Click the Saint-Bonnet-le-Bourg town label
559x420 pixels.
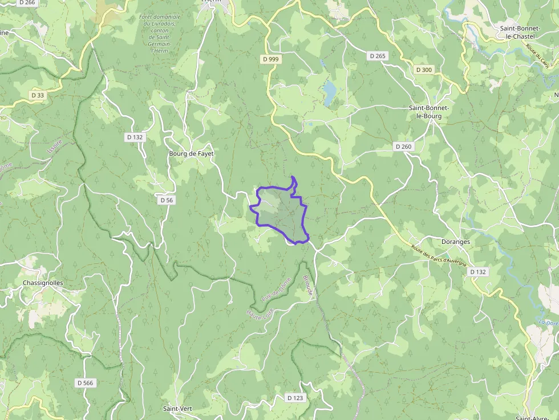[429, 112]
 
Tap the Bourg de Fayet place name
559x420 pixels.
[191, 154]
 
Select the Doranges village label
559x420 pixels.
[456, 242]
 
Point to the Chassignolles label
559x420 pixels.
[43, 283]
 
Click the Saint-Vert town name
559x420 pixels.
[177, 409]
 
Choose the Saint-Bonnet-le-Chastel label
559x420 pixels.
[522, 32]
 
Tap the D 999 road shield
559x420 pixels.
[272, 59]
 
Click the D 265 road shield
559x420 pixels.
[378, 56]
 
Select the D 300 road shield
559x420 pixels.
[424, 70]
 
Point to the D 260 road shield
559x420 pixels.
[403, 146]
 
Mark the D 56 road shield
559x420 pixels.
[167, 200]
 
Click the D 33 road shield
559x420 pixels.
[37, 95]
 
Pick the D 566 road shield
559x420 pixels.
[85, 382]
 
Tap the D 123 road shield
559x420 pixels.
[295, 398]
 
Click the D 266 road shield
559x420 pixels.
[27, 2]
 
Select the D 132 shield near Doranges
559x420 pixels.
[478, 272]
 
